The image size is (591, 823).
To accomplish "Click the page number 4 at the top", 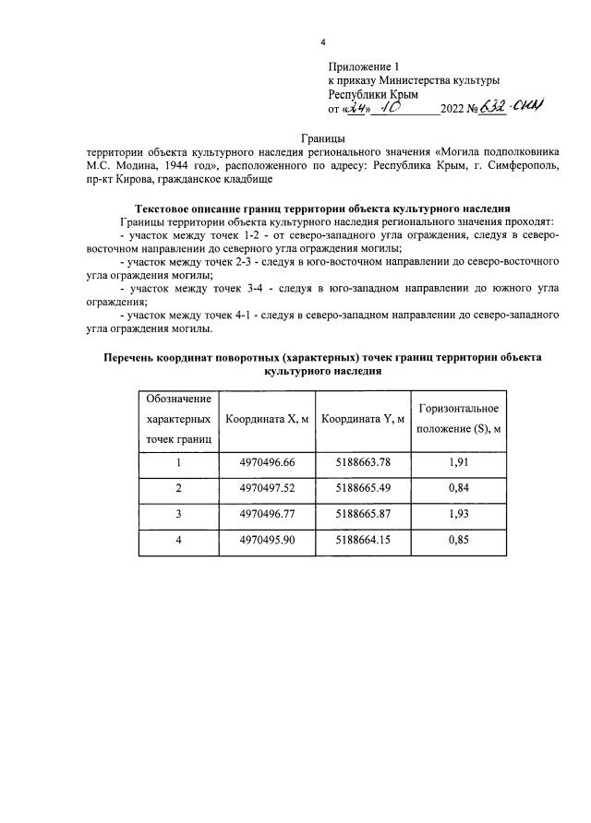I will click(322, 41).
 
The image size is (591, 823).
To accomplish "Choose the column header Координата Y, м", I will click(363, 420).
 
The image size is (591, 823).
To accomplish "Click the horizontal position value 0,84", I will click(460, 489).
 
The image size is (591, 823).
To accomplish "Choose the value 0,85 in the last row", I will click(460, 541).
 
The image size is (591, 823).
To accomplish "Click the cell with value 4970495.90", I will click(267, 541).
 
